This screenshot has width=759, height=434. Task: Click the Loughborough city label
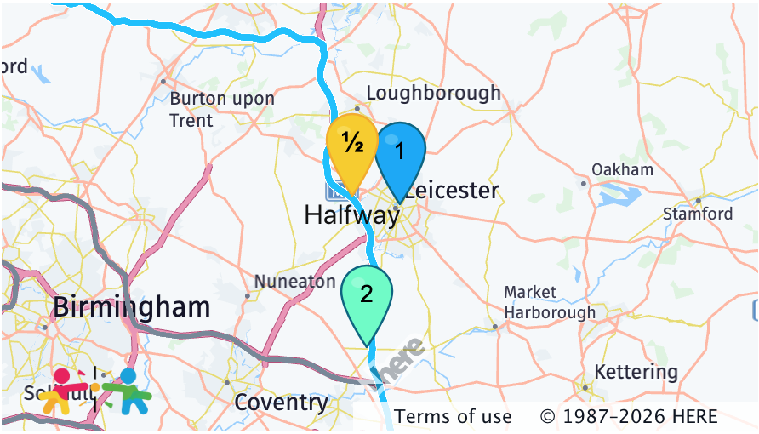433,93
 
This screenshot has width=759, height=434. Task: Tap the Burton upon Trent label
222,109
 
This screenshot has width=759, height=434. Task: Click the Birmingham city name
131,307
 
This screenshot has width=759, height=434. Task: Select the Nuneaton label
295,281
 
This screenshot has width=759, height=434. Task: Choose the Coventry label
281,402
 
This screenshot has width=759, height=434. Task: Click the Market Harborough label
550,302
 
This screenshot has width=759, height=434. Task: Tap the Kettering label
636,372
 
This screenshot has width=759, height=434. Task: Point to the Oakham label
622,169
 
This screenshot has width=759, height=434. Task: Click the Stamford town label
697,214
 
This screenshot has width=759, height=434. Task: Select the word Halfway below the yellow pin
351,215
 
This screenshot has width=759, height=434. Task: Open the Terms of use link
453,417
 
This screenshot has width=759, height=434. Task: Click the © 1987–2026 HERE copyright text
628,417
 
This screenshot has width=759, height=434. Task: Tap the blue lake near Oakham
619,197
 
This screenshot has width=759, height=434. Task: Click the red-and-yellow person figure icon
63,391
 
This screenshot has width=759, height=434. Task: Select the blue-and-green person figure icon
128,391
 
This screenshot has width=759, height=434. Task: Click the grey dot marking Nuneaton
248,296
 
